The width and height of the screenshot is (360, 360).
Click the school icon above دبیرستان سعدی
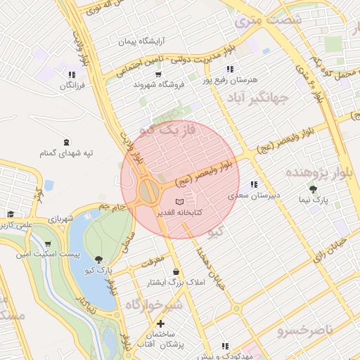tap(253, 184)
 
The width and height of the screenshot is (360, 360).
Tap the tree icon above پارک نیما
tap(313, 189)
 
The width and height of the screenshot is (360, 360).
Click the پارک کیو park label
tap(100, 270)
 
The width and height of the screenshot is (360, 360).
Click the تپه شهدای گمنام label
tap(67, 152)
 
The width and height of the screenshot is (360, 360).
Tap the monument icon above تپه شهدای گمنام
tap(66, 142)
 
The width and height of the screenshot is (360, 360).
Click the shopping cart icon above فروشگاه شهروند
tap(159, 75)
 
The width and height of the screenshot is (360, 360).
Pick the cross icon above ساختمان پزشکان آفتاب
tap(161, 323)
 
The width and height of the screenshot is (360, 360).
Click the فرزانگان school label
tap(72, 84)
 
